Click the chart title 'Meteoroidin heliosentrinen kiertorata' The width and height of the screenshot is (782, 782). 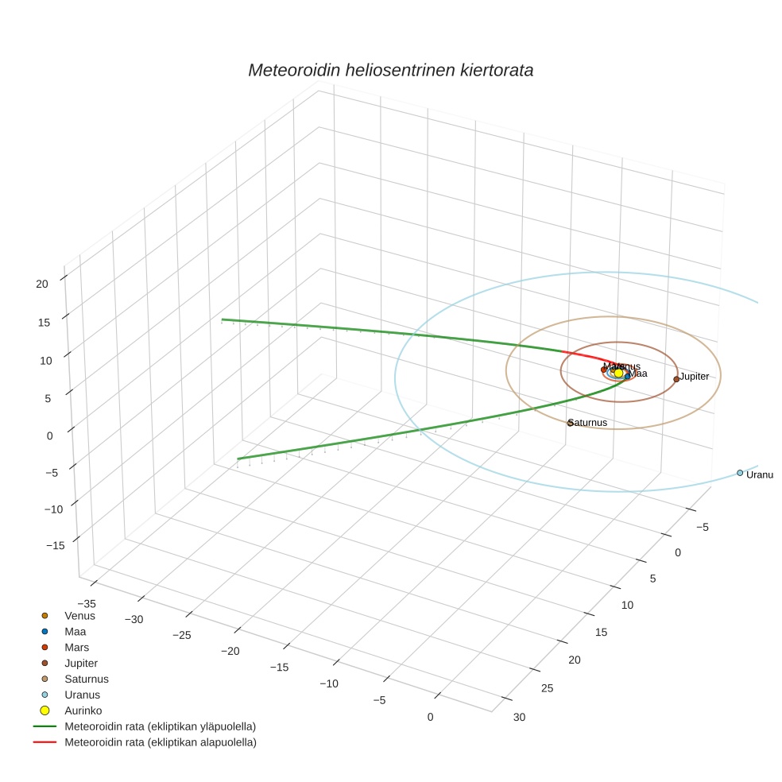pyautogui.click(x=390, y=70)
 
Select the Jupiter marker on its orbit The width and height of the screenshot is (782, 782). pyautogui.click(x=676, y=379)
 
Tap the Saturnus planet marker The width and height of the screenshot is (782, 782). pyautogui.click(x=570, y=423)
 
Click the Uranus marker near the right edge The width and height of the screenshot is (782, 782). pyautogui.click(x=740, y=473)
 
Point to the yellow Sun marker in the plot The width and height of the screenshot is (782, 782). pyautogui.click(x=619, y=373)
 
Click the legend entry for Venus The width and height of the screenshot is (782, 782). pyautogui.click(x=79, y=615)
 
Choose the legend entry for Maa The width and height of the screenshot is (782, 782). pyautogui.click(x=75, y=631)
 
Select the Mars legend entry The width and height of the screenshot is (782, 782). pyautogui.click(x=76, y=647)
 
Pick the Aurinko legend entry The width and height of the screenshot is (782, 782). pyautogui.click(x=83, y=710)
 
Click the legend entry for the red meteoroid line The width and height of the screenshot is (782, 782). pyautogui.click(x=160, y=742)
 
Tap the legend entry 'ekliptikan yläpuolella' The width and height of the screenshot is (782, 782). pyautogui.click(x=160, y=726)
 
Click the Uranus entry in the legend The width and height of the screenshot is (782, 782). pyautogui.click(x=82, y=695)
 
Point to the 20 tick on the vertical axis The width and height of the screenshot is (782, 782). pyautogui.click(x=42, y=283)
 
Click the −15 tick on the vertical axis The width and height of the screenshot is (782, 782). pyautogui.click(x=56, y=545)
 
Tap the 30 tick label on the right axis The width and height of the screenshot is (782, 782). pyautogui.click(x=519, y=717)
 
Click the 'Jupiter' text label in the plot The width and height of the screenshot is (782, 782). pyautogui.click(x=695, y=377)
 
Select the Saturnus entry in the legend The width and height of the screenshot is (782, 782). pyautogui.click(x=86, y=679)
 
